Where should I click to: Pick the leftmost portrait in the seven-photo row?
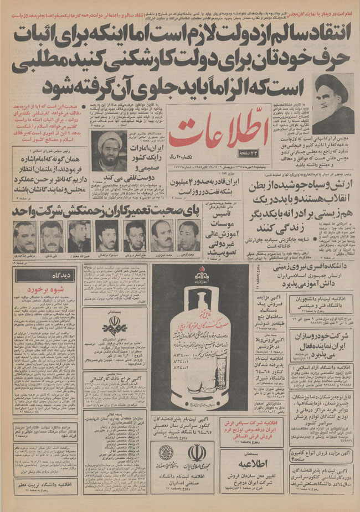[25, 236]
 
